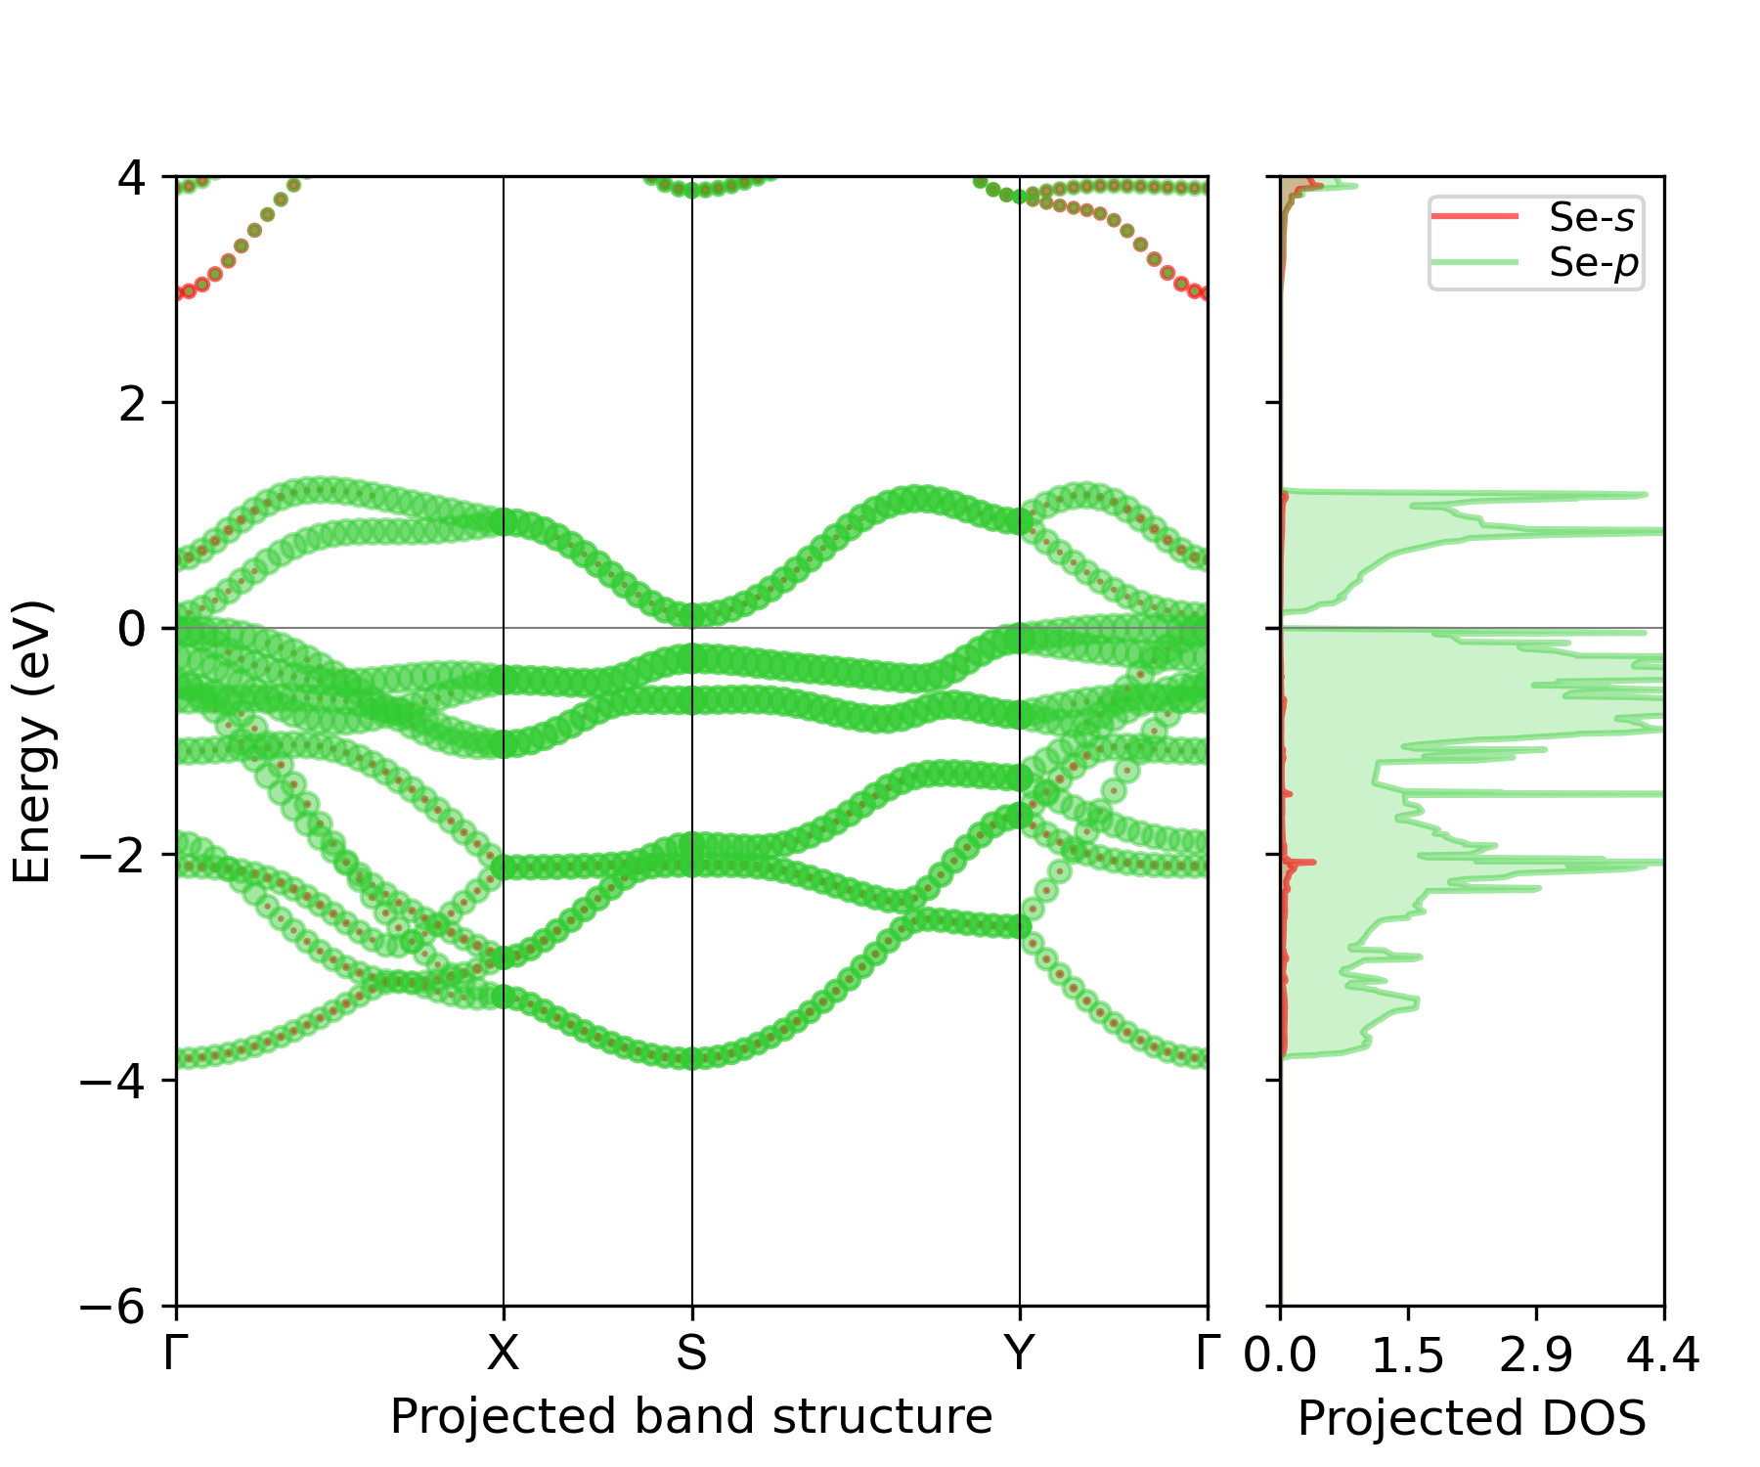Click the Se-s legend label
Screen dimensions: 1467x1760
(x=1591, y=217)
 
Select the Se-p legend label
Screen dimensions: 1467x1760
(x=1593, y=262)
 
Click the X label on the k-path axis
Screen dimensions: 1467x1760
(x=503, y=1354)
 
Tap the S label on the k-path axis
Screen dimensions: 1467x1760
(x=691, y=1354)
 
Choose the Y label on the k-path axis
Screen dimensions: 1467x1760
(x=1019, y=1354)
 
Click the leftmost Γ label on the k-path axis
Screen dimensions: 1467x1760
(x=176, y=1354)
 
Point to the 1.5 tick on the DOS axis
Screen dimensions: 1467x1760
(x=1408, y=1356)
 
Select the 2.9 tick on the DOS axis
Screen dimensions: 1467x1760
(x=1536, y=1356)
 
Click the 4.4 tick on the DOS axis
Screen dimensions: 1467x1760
(x=1663, y=1356)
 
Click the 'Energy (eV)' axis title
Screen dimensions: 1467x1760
(x=31, y=741)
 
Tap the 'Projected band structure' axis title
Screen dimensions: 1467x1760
(x=691, y=1417)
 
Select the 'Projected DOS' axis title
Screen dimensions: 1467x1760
(x=1472, y=1419)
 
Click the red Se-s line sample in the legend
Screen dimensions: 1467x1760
(x=1474, y=216)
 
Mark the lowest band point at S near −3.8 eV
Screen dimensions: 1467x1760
(x=692, y=1058)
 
